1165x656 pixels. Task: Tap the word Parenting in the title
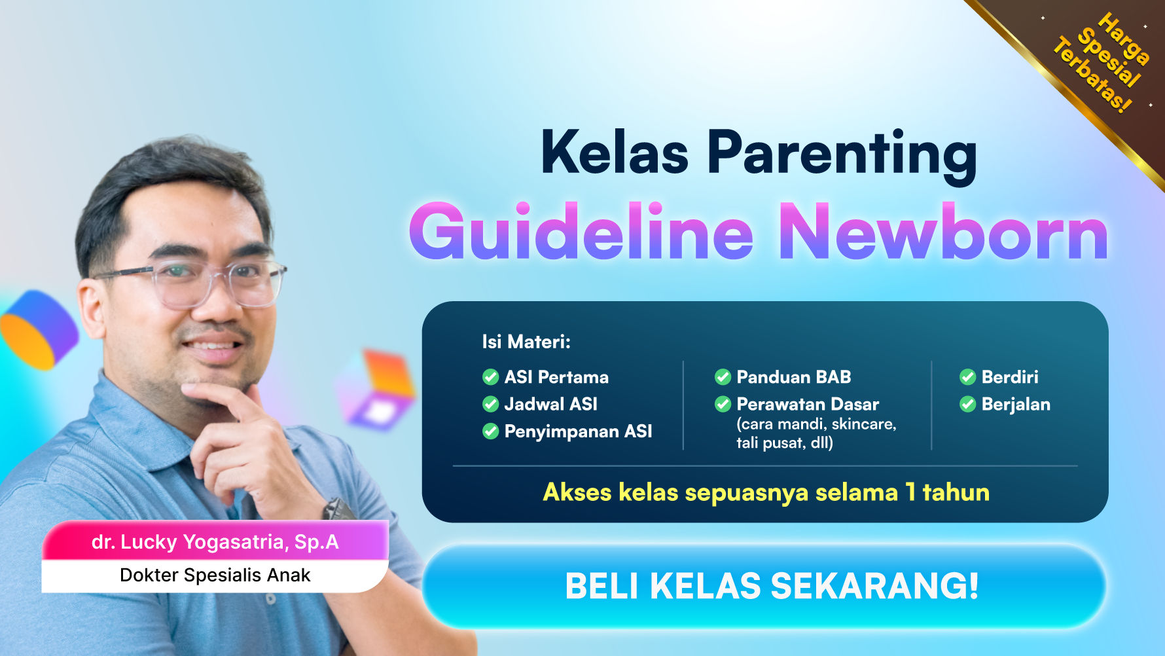tap(842, 153)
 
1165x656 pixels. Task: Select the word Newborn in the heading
tap(944, 233)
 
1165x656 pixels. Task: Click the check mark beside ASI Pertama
tap(490, 377)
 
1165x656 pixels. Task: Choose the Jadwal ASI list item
tap(550, 404)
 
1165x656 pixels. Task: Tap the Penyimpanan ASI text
tap(578, 431)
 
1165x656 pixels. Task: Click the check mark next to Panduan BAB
tap(723, 377)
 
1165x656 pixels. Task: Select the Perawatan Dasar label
tap(808, 404)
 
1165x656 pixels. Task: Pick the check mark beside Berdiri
tap(967, 377)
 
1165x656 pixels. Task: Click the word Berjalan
tap(1016, 404)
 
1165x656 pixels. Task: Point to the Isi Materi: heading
tap(526, 342)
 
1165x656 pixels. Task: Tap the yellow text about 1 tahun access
tap(766, 492)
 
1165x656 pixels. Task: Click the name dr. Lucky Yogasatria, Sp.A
tap(215, 542)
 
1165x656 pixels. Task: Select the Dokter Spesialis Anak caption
tap(215, 575)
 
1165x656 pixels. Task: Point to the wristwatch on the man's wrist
tap(338, 509)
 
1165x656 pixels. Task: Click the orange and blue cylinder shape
tap(38, 330)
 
